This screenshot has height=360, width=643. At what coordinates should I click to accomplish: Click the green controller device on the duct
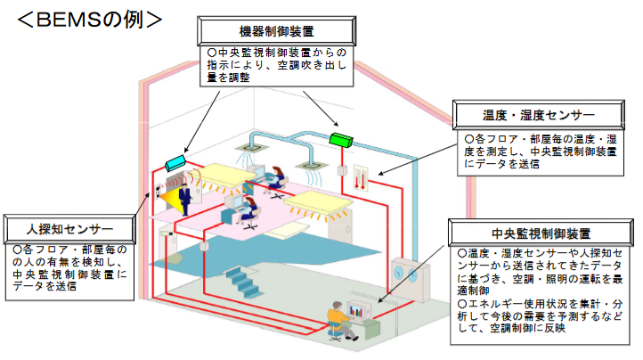[x=341, y=138]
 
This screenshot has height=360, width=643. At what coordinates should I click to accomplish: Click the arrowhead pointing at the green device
[x=338, y=126]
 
